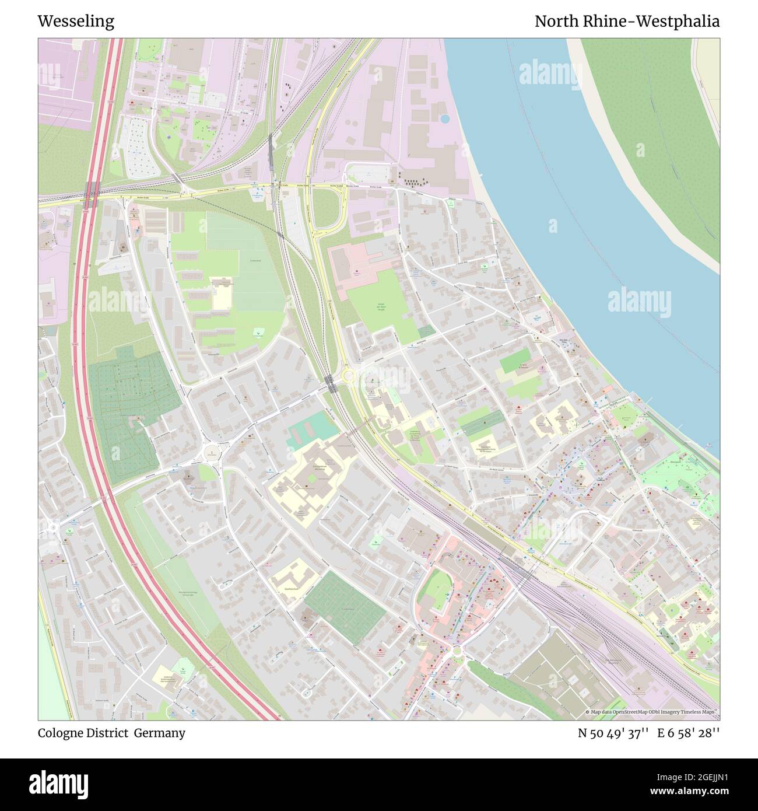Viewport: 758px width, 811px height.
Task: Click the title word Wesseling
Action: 76,22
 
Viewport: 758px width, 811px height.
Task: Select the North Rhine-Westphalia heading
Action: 627,22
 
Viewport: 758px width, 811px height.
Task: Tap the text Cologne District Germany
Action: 111,733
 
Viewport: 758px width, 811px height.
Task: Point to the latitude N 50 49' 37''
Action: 613,733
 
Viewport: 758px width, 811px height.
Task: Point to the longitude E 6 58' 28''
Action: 689,733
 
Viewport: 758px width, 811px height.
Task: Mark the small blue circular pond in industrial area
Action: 445,118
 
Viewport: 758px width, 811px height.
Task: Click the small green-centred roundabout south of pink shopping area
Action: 457,650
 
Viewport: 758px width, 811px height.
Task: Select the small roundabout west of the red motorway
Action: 53,527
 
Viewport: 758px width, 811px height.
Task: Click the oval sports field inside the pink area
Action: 435,596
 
